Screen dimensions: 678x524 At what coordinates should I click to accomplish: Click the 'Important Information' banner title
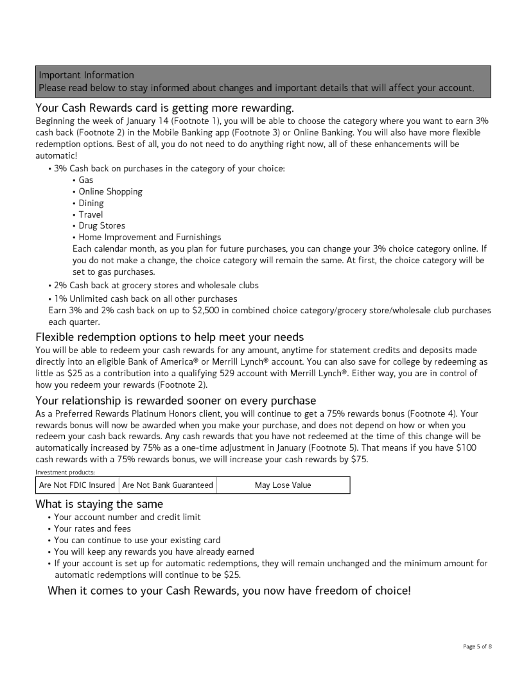86,75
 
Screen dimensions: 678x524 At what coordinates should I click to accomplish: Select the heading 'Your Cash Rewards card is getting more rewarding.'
164,107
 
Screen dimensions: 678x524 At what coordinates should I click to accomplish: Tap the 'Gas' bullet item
86,180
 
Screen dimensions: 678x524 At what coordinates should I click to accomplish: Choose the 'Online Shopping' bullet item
110,191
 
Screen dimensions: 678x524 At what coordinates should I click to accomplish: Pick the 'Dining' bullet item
91,203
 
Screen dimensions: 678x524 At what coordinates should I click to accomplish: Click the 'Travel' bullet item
91,214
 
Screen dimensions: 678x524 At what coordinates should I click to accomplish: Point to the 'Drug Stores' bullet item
102,225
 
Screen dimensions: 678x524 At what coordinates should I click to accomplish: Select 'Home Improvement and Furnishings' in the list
150,237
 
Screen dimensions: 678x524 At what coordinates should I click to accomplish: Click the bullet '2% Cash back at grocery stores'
156,285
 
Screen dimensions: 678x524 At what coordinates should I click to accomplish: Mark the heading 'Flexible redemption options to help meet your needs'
170,337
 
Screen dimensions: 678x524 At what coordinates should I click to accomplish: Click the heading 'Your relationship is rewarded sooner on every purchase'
176,401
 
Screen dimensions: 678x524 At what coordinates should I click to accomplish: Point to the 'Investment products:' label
65,472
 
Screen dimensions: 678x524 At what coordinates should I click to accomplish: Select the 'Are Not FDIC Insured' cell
77,485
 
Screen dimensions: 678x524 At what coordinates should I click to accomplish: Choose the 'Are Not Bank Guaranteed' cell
168,485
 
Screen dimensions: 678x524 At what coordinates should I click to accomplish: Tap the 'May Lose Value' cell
283,485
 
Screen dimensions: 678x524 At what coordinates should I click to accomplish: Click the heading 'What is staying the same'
99,504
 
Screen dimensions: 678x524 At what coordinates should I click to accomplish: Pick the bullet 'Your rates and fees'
92,528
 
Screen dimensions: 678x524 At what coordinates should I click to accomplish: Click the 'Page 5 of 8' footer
477,646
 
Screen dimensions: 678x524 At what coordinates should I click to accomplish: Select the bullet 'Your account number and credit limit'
127,517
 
